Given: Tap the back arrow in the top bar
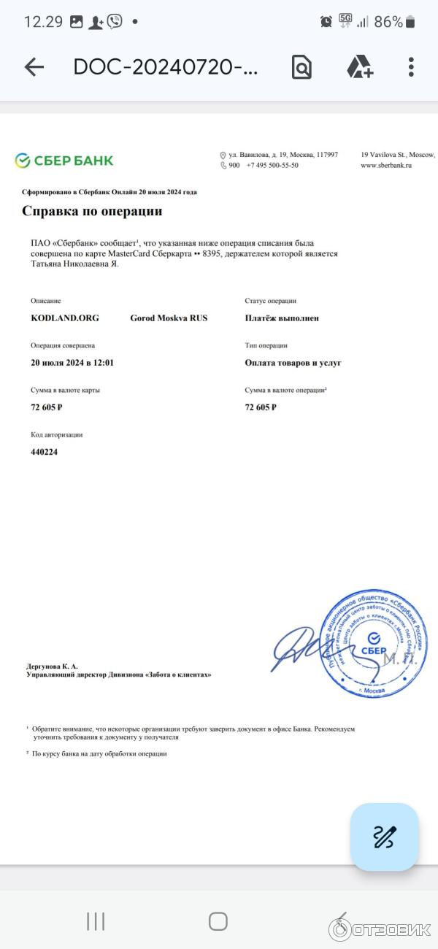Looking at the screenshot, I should coord(34,67).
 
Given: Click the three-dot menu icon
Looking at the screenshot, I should coord(411,67).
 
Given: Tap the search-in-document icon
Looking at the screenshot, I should coord(301,67).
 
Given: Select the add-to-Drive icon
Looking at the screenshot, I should coord(359,67).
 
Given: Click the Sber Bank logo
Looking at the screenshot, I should coord(64,160).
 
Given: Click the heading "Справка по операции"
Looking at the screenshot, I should coord(92,212).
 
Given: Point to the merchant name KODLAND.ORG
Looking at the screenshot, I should coord(65,318).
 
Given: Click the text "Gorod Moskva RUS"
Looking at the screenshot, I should coord(169,318).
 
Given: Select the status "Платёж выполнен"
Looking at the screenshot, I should coord(282,318).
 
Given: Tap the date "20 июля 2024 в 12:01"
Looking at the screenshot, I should coord(72,363).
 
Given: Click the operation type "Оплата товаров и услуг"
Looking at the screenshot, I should coord(293,363).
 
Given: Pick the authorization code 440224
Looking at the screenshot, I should coord(45,452).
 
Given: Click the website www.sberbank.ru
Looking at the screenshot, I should coord(387,166).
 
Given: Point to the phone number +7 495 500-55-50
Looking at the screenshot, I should coord(272,166).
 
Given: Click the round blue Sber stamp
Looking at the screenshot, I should coord(374,643).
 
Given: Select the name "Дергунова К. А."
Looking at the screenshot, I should coord(52,666).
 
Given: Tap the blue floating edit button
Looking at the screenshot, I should coord(384,837).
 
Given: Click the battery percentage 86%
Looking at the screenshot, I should coord(388,22).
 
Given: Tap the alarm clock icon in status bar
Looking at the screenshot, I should coord(326,22).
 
